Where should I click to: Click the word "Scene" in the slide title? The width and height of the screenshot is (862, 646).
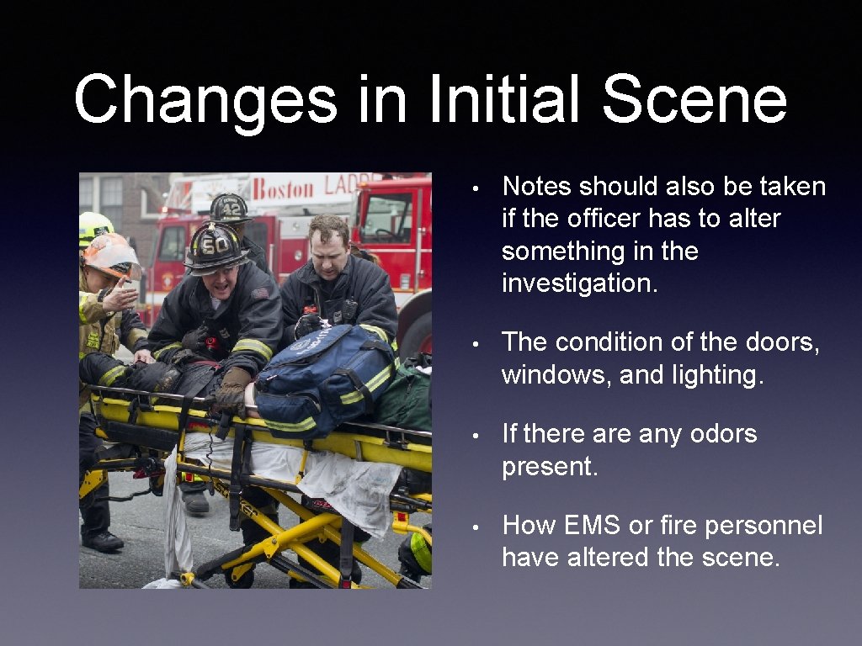tap(694, 99)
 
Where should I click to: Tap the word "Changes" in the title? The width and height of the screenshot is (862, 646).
tap(205, 99)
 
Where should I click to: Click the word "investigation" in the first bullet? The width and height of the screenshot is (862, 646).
tap(577, 283)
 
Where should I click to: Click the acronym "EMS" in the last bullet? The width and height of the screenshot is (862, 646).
tap(583, 526)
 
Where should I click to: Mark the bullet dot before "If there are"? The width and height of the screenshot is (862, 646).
tap(476, 436)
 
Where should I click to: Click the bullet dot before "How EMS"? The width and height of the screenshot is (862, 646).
tap(476, 527)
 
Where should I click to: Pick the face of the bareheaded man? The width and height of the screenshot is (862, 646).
tap(330, 247)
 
